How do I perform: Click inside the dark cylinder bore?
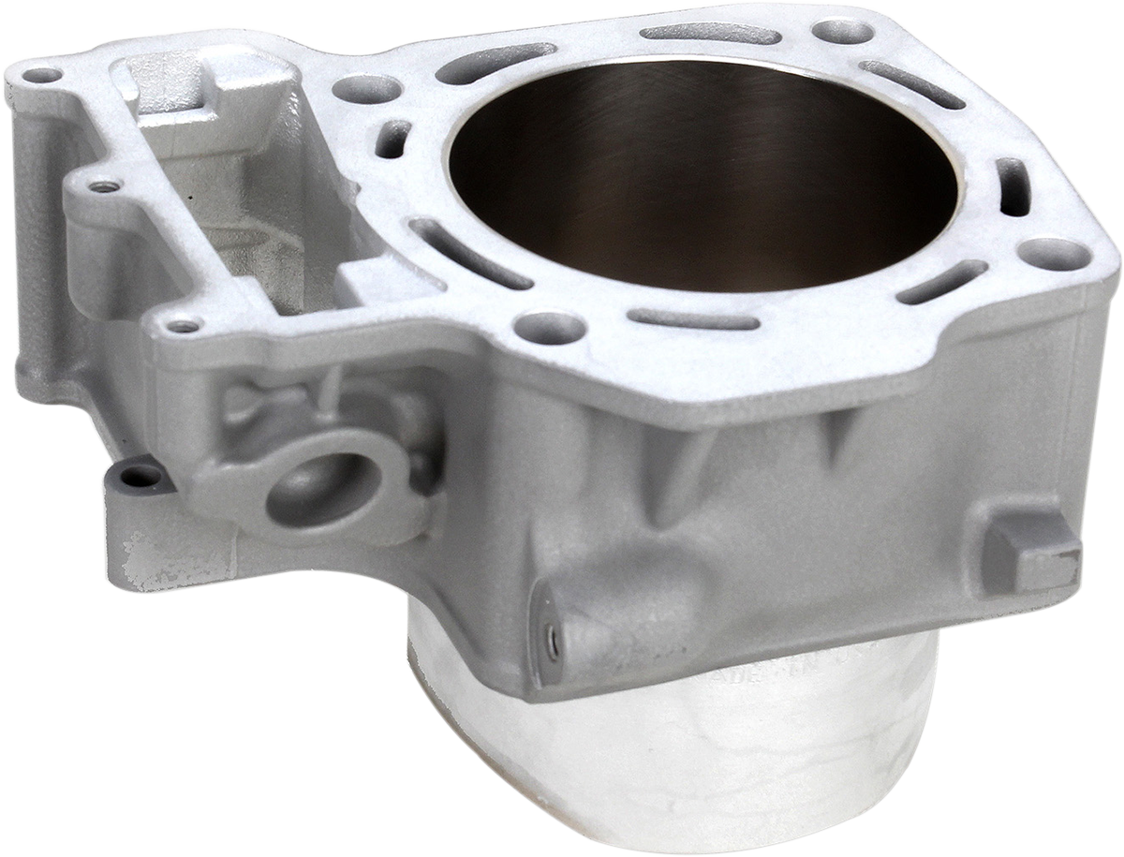point(702,187)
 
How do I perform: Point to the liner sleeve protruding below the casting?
point(674,749)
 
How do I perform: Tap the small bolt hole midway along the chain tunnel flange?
point(105,185)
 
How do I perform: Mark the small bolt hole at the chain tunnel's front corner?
point(183,325)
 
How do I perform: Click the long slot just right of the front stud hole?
point(693,319)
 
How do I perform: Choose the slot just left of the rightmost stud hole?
point(941,282)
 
